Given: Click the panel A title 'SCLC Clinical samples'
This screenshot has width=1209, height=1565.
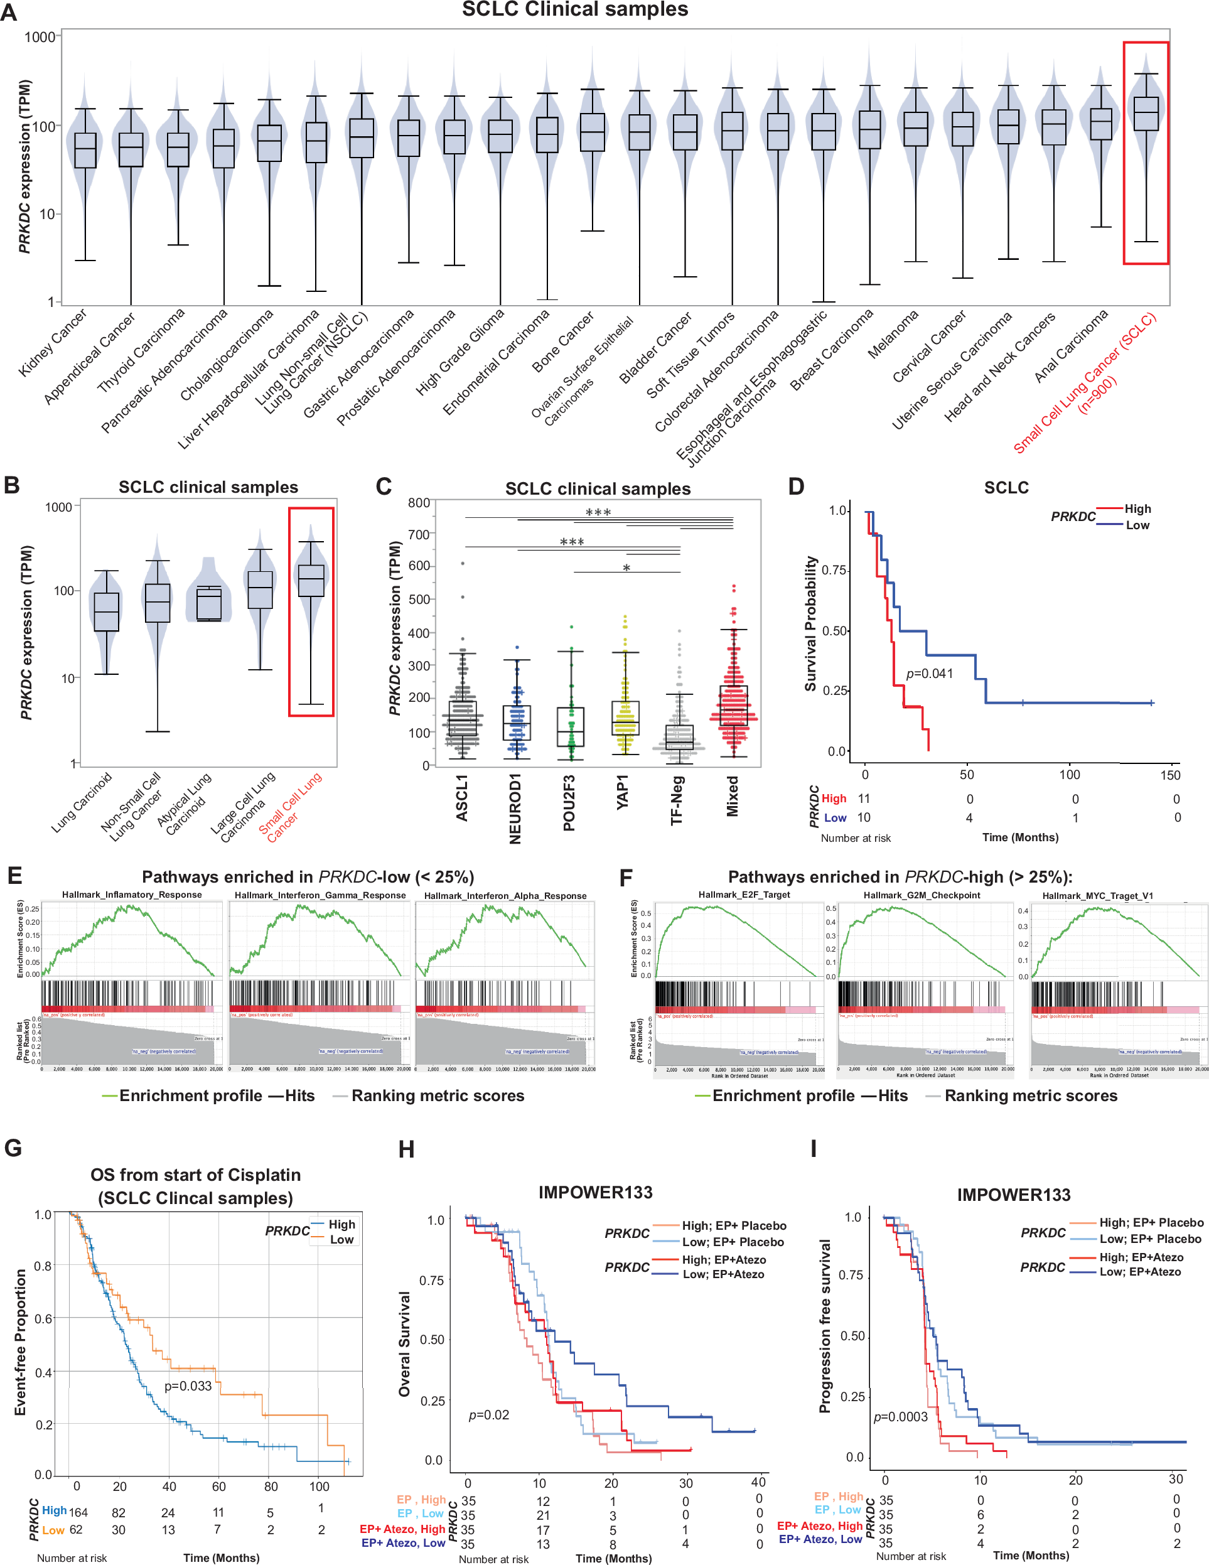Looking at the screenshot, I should tap(575, 9).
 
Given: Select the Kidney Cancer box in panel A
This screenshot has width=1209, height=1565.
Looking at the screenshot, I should tap(85, 150).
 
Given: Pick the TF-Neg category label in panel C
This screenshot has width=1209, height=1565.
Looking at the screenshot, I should tap(677, 800).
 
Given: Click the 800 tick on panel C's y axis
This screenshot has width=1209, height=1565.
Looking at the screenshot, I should tap(419, 503).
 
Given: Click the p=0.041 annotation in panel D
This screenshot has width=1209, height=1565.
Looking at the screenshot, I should tap(930, 674).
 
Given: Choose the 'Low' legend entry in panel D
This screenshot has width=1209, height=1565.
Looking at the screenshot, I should tap(1137, 525).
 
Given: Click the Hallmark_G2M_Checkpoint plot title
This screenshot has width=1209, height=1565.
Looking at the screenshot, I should tap(922, 895).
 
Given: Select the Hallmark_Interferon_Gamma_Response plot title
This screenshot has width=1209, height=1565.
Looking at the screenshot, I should tap(320, 895).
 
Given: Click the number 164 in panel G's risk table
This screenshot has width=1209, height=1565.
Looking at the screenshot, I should tap(78, 1512).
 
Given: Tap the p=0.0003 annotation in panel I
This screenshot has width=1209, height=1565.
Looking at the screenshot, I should tap(900, 1417).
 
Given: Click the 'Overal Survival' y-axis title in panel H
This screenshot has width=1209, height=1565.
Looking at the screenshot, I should tap(405, 1344).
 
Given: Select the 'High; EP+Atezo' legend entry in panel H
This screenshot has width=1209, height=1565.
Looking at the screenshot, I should tap(724, 1259).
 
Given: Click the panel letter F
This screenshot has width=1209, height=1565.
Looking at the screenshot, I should tap(625, 877).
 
